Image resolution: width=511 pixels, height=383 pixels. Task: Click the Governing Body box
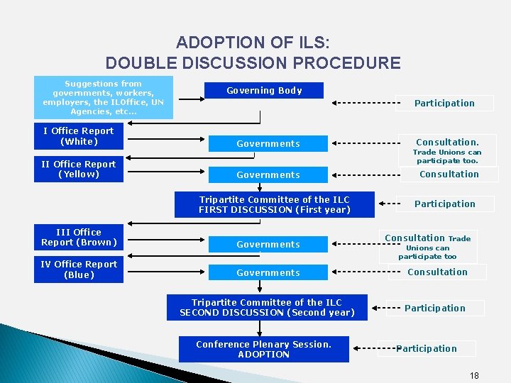pos(264,91)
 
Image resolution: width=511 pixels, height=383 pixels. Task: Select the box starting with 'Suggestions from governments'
pos(103,97)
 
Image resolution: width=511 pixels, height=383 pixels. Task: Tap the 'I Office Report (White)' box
pos(79,136)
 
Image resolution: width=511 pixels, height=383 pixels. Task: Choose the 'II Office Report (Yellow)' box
pos(79,169)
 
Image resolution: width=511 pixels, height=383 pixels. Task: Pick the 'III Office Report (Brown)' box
pos(79,237)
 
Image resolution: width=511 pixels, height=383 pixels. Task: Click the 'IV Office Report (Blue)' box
pos(79,270)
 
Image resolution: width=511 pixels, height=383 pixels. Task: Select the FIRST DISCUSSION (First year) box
pos(274,204)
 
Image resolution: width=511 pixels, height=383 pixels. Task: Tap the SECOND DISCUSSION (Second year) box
pos(267,308)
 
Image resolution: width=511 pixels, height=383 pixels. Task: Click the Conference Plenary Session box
pos(263,349)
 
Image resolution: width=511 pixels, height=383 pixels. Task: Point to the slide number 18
pos(474,374)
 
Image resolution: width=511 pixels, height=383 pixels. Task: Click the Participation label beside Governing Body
pos(444,103)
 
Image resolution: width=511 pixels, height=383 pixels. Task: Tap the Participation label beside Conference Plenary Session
pos(427,348)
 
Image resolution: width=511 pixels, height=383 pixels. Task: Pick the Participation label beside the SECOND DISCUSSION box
pos(434,308)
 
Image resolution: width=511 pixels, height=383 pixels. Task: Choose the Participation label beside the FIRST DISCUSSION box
pos(444,204)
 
